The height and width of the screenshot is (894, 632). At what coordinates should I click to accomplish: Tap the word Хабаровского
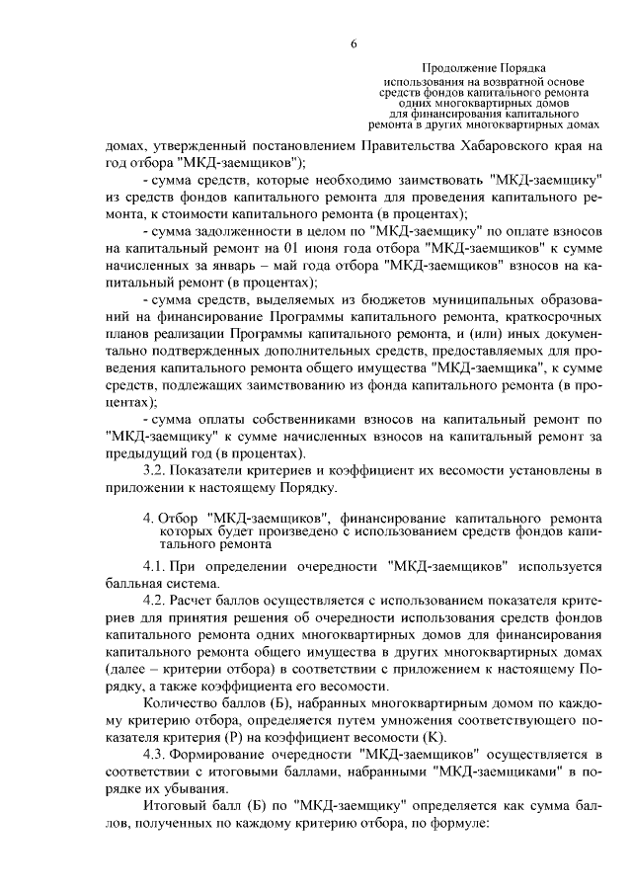(x=491, y=145)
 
